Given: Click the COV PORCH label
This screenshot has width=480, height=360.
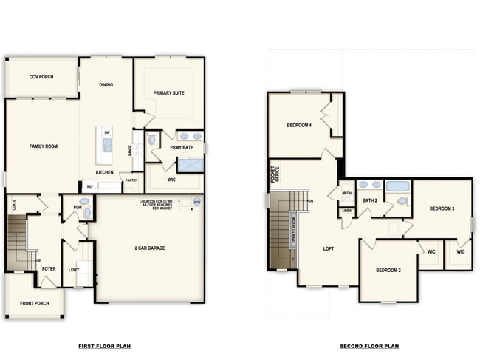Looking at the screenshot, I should (x=41, y=77).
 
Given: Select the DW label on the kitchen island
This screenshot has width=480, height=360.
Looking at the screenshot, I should (x=107, y=132).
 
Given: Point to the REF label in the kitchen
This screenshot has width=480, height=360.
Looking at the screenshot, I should (x=90, y=186).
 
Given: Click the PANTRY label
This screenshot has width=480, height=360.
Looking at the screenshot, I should (x=131, y=180).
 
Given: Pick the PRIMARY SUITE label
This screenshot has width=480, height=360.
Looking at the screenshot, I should (x=168, y=93).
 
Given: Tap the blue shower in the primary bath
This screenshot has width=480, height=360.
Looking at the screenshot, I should (x=190, y=165).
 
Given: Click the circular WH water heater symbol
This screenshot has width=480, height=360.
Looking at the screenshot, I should (x=196, y=201).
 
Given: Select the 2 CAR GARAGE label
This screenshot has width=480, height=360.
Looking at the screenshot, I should (x=150, y=248).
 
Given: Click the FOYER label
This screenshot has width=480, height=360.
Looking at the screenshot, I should (x=49, y=269).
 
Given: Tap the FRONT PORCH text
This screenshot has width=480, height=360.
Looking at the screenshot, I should (x=35, y=303).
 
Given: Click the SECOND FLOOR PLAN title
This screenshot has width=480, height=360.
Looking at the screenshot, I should (x=369, y=346).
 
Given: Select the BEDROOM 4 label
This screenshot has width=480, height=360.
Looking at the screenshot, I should (x=299, y=126).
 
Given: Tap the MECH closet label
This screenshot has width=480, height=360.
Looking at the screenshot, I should (x=346, y=194).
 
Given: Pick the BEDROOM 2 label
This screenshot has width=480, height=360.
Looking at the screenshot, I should (x=388, y=270).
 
